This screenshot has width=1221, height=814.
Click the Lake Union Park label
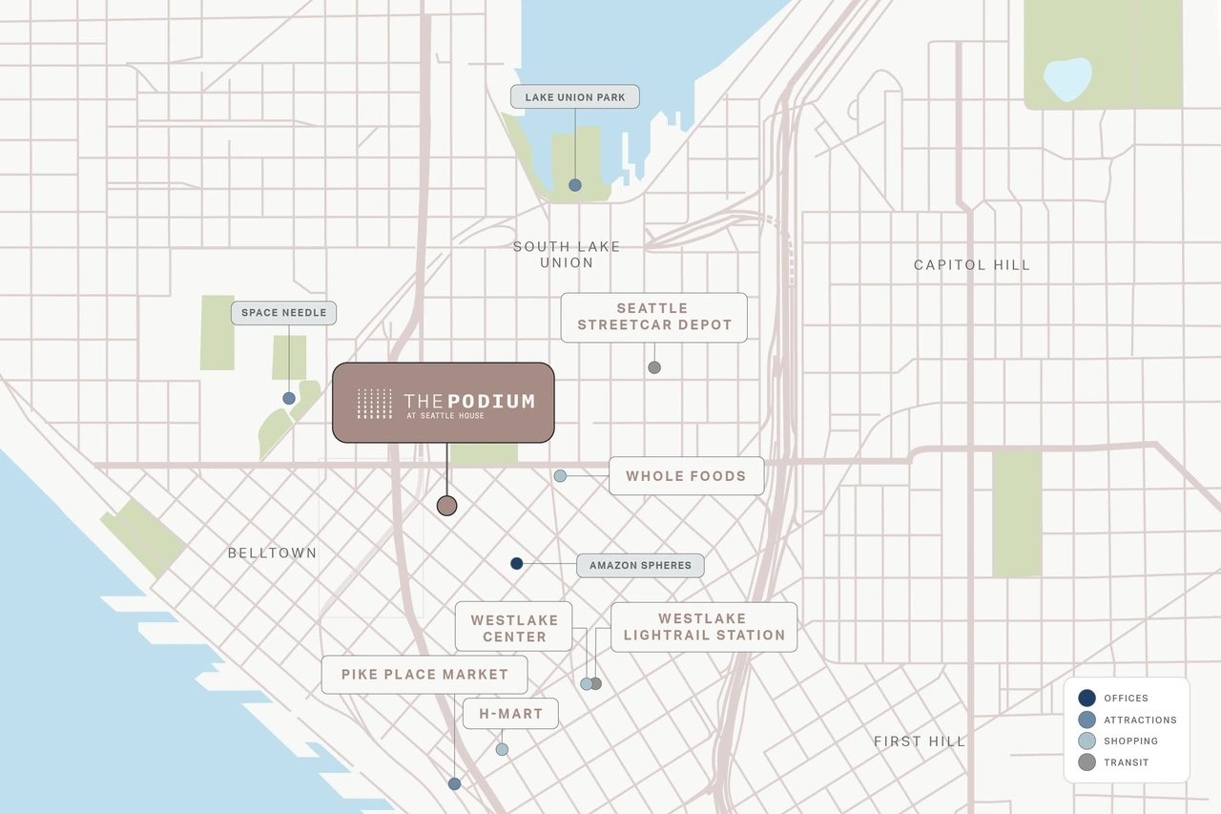pyautogui.click(x=575, y=96)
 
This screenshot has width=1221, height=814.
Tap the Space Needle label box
pyautogui.click(x=283, y=313)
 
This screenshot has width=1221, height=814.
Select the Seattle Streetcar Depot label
pyautogui.click(x=653, y=317)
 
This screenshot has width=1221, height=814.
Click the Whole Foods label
pyautogui.click(x=686, y=475)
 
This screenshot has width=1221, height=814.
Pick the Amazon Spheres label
pyautogui.click(x=640, y=565)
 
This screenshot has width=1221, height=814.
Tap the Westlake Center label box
pyautogui.click(x=514, y=627)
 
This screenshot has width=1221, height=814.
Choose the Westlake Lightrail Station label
pyautogui.click(x=704, y=627)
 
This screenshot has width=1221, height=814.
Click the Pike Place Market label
pyautogui.click(x=424, y=675)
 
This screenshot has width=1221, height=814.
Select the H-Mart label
pyautogui.click(x=510, y=713)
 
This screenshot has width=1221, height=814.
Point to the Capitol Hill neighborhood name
pyautogui.click(x=972, y=264)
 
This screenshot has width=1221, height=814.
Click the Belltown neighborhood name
pyautogui.click(x=272, y=553)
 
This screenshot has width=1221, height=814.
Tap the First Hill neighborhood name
pyautogui.click(x=920, y=741)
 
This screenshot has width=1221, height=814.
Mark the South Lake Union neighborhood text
pyautogui.click(x=567, y=254)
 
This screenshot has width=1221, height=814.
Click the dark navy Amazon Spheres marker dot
pyautogui.click(x=516, y=564)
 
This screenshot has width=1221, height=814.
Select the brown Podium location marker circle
pyautogui.click(x=446, y=506)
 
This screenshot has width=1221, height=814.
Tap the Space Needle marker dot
pyautogui.click(x=288, y=398)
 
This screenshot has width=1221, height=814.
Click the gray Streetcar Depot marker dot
pyautogui.click(x=653, y=367)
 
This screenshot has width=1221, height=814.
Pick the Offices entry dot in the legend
pyautogui.click(x=1086, y=699)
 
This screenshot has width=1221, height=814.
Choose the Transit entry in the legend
pyautogui.click(x=1126, y=762)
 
